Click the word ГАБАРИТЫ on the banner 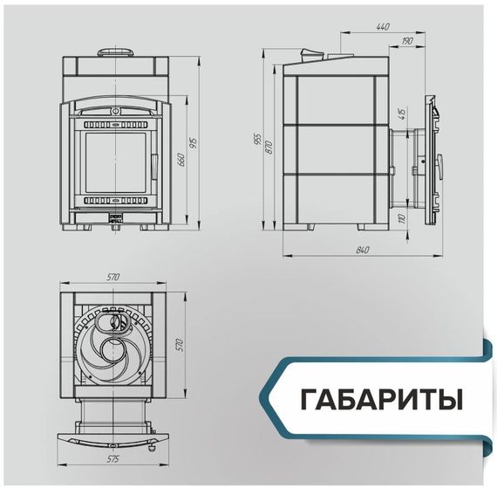point(381,401)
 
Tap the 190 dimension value point(407,41)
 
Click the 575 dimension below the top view point(112,457)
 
